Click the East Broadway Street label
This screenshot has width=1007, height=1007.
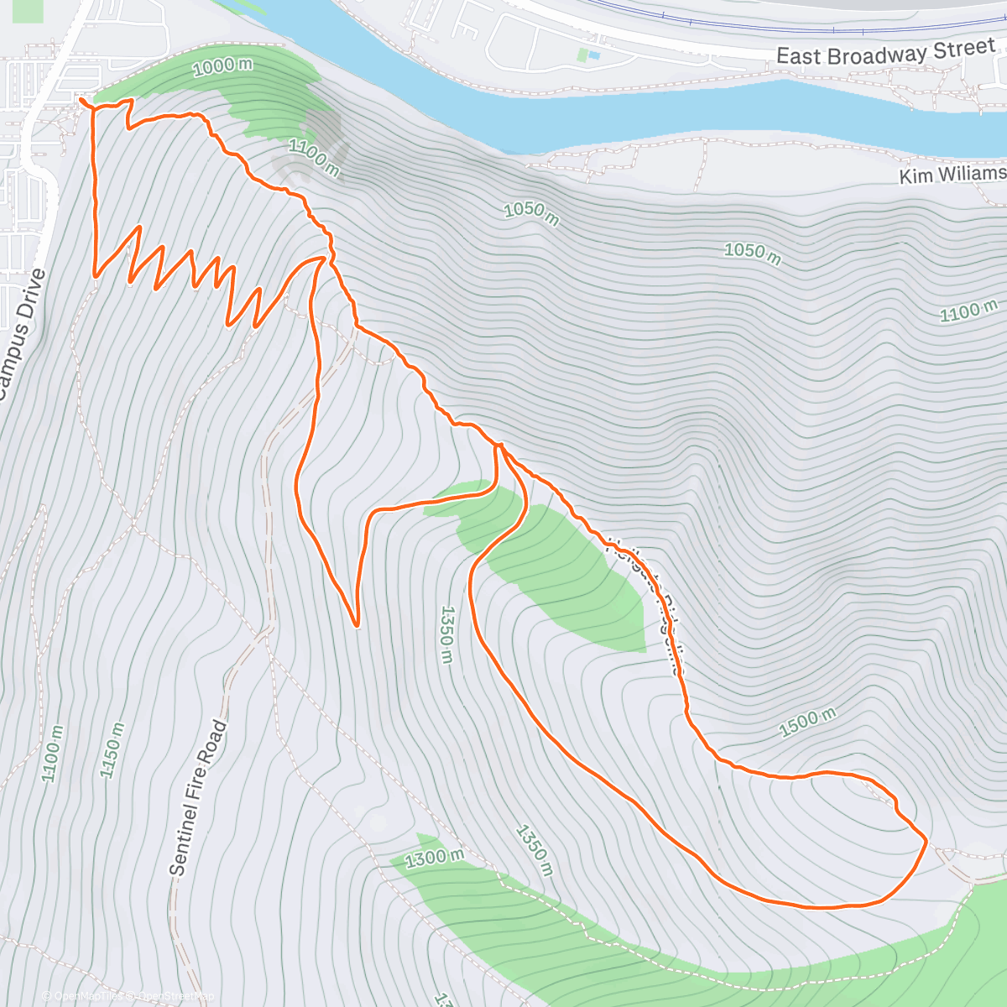884,54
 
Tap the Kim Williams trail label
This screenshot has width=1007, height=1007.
952,175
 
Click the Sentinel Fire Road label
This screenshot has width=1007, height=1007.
198,797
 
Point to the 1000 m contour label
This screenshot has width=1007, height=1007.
222,66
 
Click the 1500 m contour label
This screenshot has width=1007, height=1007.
807,723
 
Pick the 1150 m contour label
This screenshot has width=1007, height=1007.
112,749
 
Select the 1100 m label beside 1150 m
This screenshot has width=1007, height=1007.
52,754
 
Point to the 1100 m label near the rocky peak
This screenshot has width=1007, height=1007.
314,158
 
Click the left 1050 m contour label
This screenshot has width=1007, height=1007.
531,212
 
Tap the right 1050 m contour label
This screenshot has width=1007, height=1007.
752,253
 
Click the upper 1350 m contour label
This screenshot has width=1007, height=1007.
446,634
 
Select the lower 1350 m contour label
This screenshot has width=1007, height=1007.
533,850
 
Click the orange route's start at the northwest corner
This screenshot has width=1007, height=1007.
82,101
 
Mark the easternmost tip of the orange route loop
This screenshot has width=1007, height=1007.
926,839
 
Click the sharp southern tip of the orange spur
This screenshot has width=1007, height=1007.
357,625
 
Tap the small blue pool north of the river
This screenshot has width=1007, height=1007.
594,55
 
